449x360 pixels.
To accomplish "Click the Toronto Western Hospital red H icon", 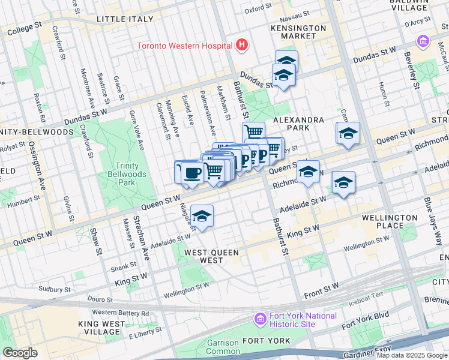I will (241, 44).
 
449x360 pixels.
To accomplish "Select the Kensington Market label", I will (299, 32).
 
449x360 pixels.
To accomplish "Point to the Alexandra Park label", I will (299, 124).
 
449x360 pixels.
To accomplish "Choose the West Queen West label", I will (211, 256).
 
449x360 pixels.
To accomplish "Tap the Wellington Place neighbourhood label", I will (390, 221).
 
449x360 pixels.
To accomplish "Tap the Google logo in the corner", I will (20, 353).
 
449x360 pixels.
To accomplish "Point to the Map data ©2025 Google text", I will (412, 355).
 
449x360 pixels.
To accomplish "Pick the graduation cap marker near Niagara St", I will (202, 217).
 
